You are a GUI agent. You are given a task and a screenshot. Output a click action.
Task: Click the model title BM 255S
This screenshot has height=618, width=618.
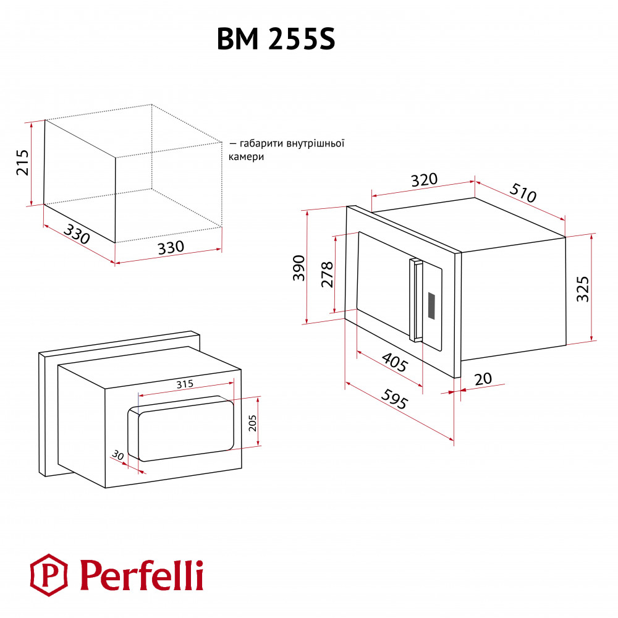click(276, 39)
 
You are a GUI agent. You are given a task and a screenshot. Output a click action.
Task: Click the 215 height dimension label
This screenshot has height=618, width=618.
click(22, 163)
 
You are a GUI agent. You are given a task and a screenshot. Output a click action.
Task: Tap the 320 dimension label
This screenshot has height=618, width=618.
click(425, 180)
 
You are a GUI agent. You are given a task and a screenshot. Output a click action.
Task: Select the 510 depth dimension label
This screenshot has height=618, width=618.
click(523, 193)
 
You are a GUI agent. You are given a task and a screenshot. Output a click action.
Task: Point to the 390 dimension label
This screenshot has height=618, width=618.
click(299, 268)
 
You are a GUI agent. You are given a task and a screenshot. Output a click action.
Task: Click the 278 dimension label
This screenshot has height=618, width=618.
click(327, 274)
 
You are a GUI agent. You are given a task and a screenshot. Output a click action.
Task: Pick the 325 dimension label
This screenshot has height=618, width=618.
click(583, 289)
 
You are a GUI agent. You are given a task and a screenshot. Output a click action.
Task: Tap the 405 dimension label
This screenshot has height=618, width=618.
click(394, 362)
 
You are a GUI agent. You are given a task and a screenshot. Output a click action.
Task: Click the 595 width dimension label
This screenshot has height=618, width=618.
click(394, 399)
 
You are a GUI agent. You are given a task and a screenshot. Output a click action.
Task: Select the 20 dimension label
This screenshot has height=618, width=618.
click(483, 379)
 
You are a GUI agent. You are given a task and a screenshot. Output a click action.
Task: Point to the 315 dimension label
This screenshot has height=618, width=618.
click(185, 384)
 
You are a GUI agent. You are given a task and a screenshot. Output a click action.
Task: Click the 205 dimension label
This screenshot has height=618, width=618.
click(252, 423)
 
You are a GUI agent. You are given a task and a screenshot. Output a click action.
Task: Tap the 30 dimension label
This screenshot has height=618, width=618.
click(117, 455)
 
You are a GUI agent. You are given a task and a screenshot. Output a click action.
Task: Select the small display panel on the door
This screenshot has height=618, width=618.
click(431, 306)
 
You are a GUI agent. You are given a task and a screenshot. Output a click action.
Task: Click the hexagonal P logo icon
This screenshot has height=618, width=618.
click(49, 575)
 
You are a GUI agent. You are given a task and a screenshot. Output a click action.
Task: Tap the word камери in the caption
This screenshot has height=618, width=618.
click(246, 157)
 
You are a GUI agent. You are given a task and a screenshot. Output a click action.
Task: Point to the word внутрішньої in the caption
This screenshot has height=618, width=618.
click(315, 143)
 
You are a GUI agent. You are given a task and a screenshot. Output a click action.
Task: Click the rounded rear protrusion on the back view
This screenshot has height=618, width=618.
click(180, 428)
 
